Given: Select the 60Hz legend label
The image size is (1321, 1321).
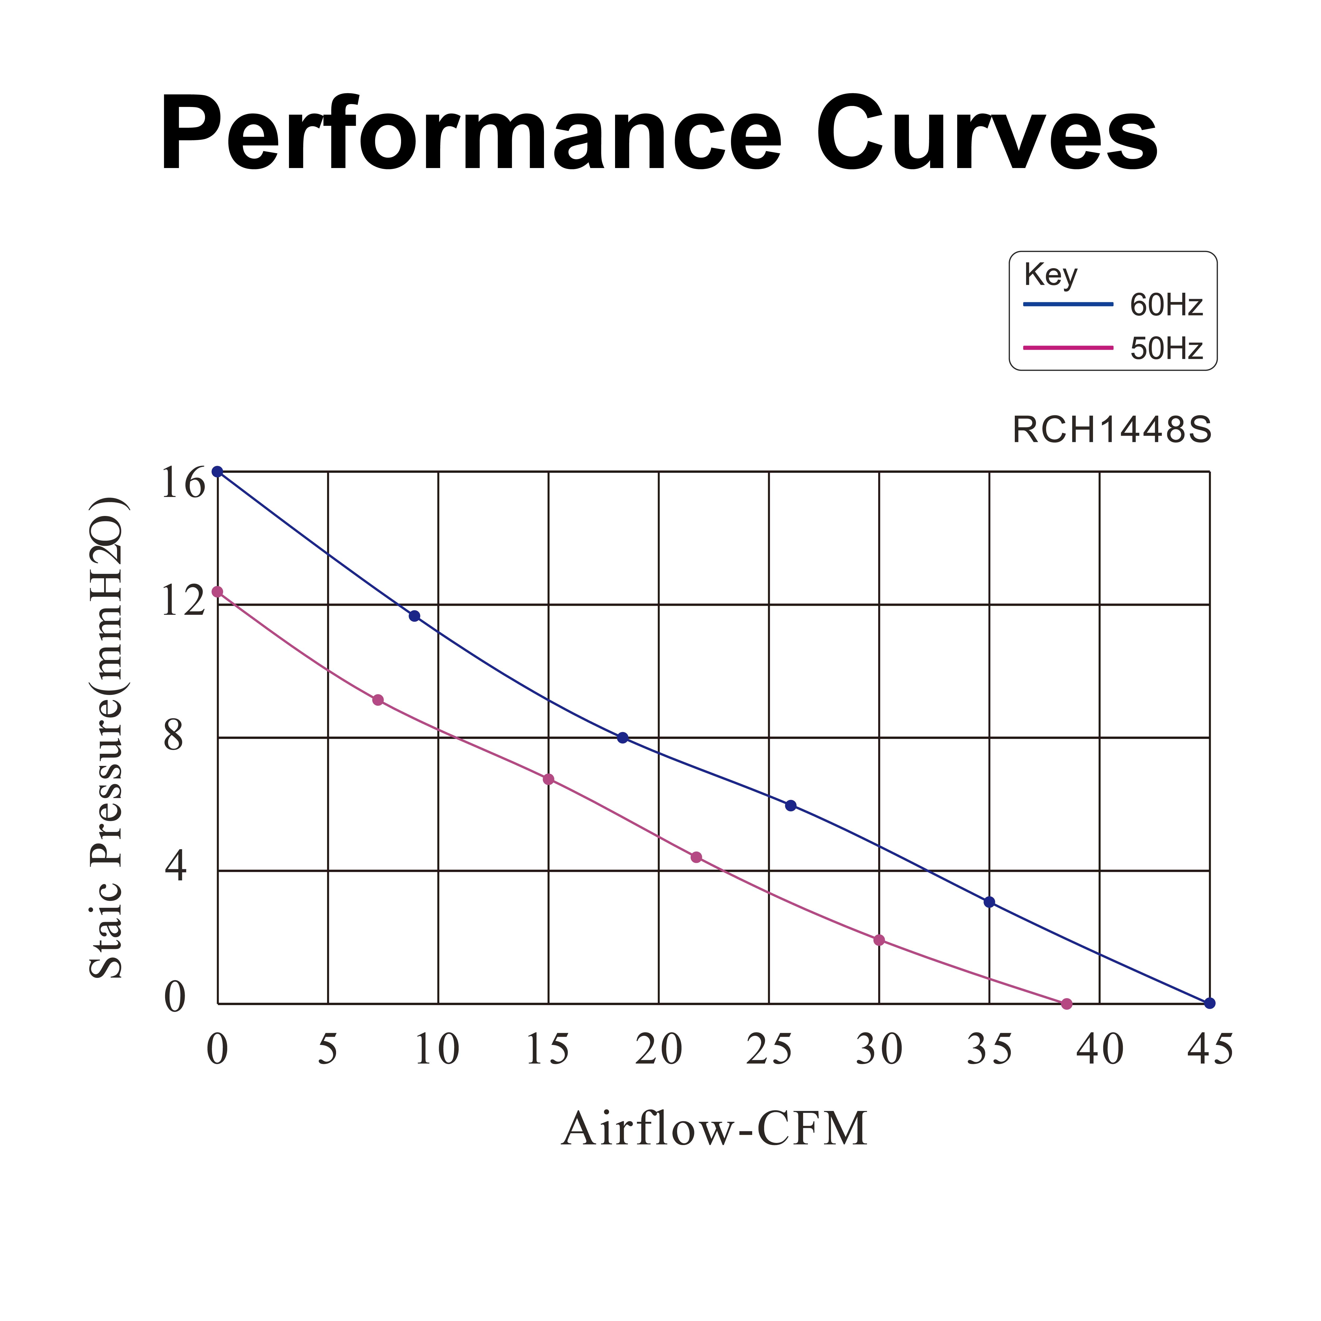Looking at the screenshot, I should (1166, 305).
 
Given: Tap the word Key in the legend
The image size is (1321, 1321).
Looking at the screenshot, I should (1050, 275).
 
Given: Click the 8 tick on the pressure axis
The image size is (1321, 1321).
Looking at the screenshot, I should (174, 736).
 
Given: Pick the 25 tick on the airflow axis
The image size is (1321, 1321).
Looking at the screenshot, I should (769, 1050).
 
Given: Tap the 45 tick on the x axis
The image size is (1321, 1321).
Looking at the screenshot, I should (1210, 1050).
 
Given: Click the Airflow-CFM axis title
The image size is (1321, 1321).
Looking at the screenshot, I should (714, 1129).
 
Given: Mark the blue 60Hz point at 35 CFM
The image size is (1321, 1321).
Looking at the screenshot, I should (989, 902).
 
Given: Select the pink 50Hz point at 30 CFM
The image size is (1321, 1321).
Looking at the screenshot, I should (879, 940).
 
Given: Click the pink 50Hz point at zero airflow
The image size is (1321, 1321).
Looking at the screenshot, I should (217, 592).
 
